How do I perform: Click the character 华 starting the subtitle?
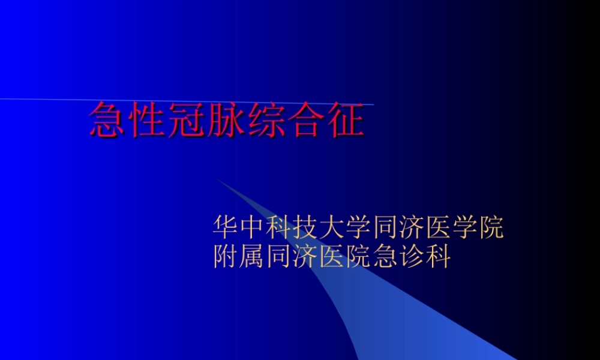[226, 229]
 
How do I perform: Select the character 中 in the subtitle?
[253, 229]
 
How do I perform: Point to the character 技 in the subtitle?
[306, 229]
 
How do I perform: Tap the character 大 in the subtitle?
[332, 229]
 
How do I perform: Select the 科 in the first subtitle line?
[280, 229]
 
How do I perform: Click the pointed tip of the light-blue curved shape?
[219, 180]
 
